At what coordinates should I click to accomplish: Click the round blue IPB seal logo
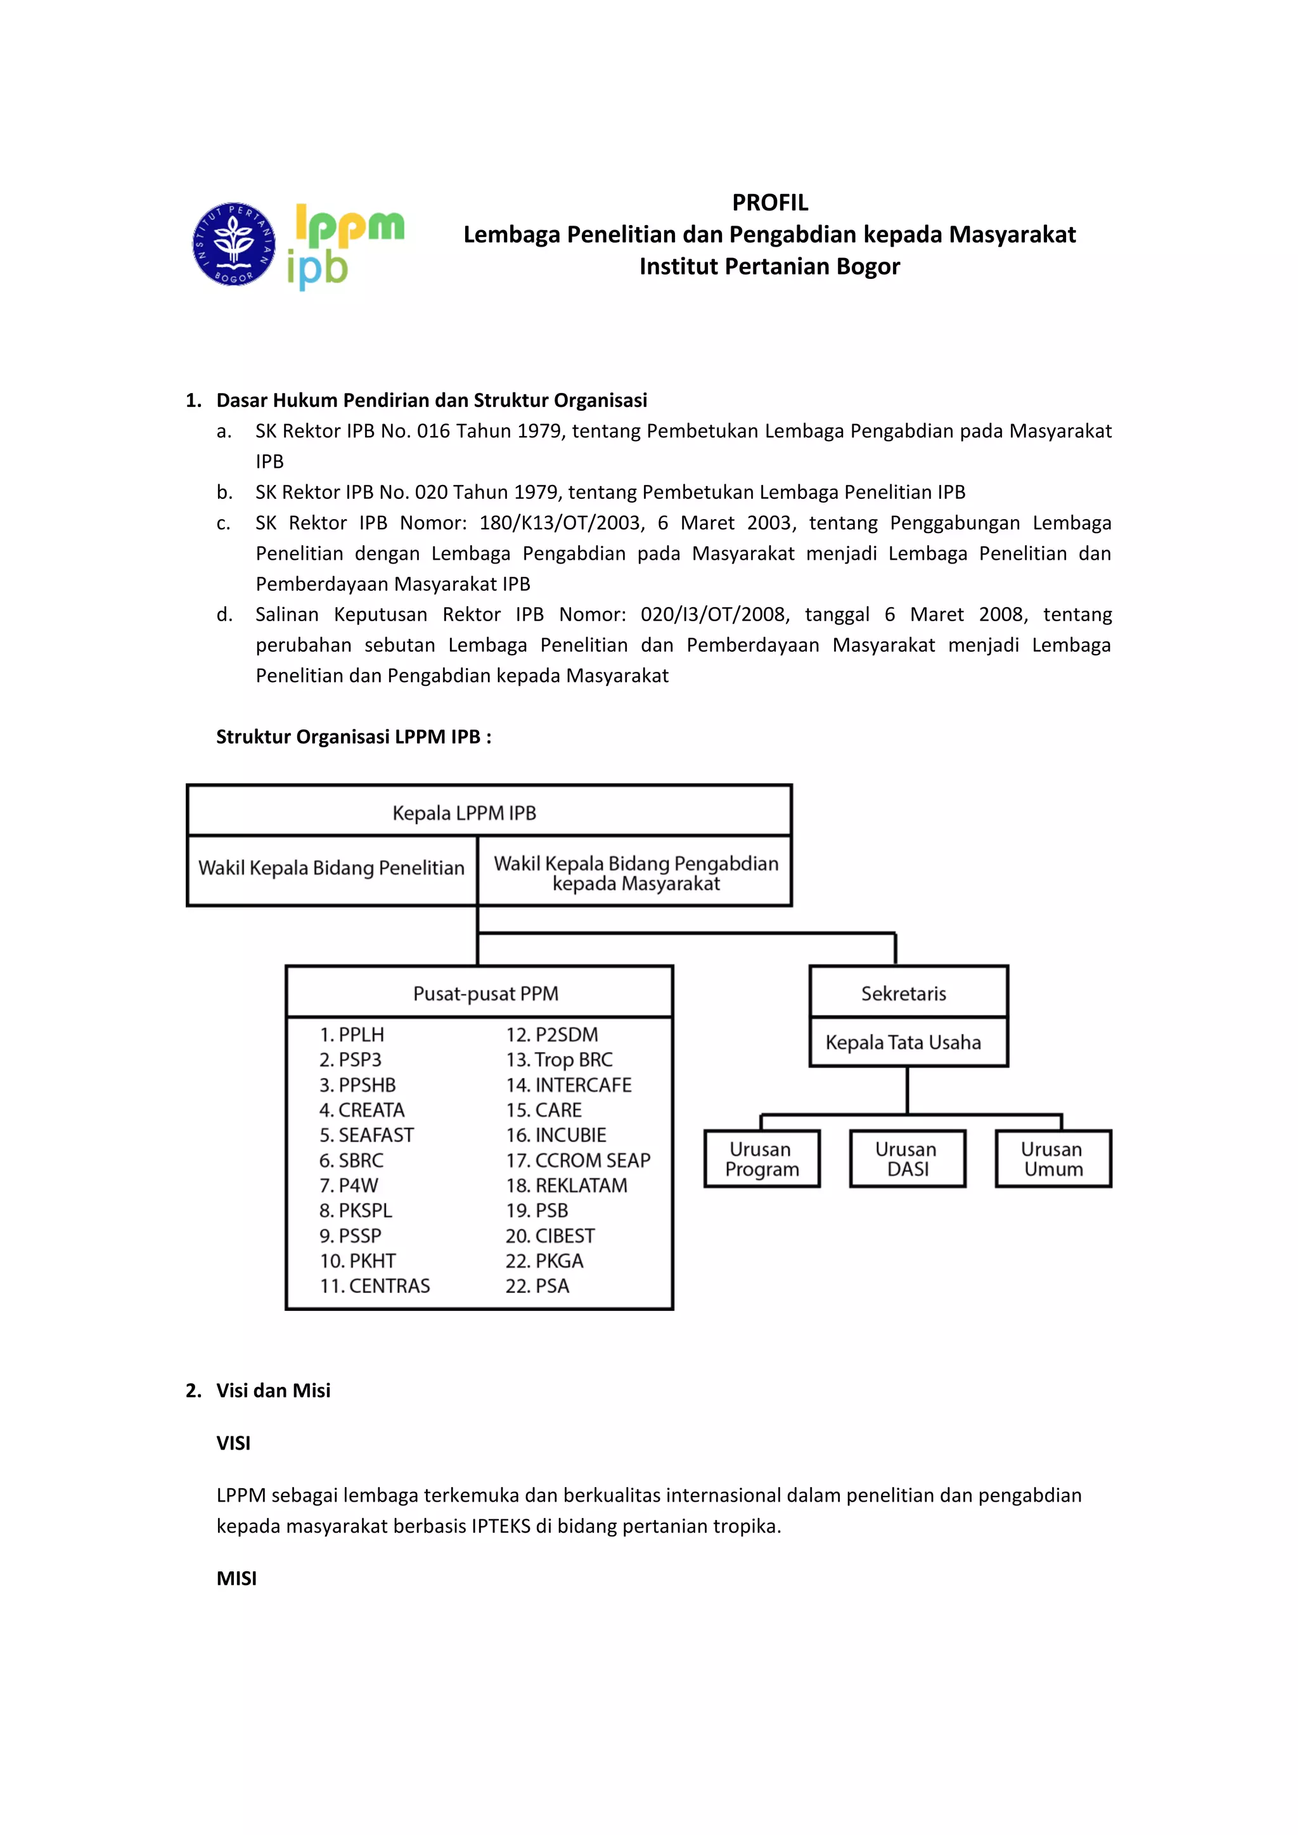click(233, 244)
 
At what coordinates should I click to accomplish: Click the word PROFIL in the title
click(769, 202)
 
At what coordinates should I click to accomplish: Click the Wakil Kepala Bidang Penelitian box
click(331, 869)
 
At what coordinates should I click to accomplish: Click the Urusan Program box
click(762, 1159)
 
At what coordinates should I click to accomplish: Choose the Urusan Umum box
click(1053, 1159)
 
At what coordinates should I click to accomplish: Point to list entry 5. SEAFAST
click(367, 1135)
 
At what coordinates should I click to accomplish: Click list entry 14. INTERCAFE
click(569, 1085)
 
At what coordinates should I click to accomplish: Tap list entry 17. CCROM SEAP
click(578, 1160)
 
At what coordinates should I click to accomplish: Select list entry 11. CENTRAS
click(375, 1286)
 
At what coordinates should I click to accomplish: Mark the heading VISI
click(233, 1443)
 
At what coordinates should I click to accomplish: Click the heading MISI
click(236, 1578)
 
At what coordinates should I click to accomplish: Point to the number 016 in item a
click(434, 431)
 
